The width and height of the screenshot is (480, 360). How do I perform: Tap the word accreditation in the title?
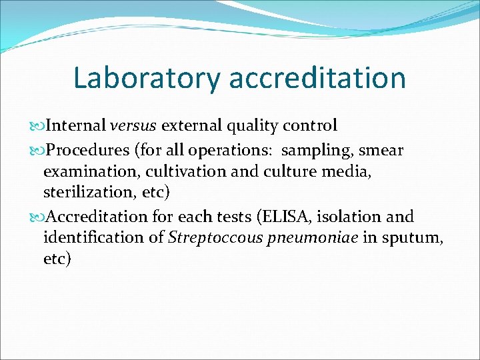(317, 78)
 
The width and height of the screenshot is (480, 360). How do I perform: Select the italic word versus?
(133, 125)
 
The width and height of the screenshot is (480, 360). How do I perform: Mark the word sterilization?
(89, 193)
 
